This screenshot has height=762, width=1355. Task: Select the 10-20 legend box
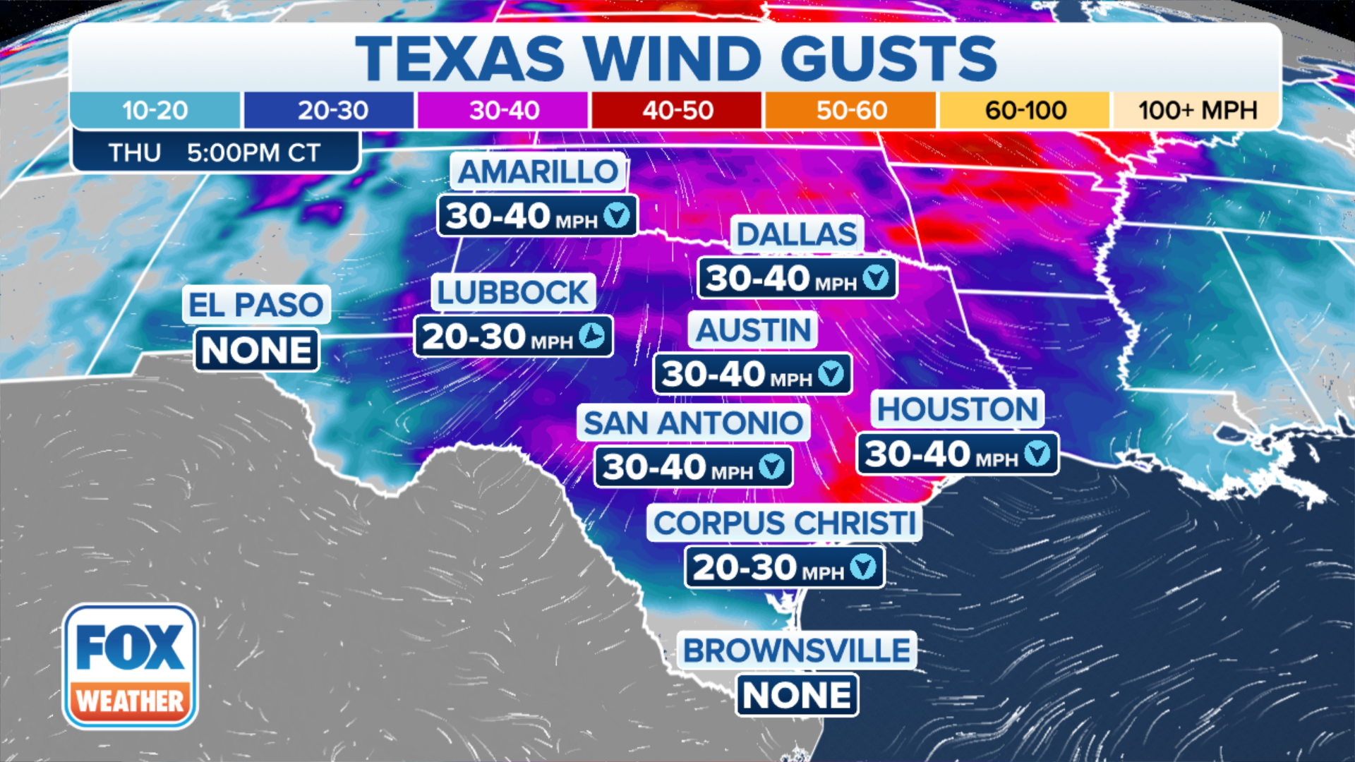pos(155,110)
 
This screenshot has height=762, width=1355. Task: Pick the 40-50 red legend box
pos(677,110)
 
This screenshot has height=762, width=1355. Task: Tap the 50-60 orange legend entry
pos(851,110)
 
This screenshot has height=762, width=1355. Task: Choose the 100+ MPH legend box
pos(1197,110)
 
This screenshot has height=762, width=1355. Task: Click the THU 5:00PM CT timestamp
pos(215,152)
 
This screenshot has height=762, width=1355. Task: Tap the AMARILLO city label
pos(538,171)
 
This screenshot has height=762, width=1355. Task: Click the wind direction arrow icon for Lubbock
pos(592,336)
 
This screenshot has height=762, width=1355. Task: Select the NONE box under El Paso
pos(256,350)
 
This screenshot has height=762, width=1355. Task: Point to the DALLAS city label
pos(797,234)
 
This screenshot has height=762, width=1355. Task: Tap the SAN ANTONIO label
pos(693,423)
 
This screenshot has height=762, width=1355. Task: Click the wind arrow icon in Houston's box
pos(1037,453)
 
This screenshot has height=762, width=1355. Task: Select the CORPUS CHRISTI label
pos(784,524)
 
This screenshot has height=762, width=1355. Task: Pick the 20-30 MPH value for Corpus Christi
pos(768,567)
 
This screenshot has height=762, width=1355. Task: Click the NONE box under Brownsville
pos(797,696)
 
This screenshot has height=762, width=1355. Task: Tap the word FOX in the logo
pos(130,647)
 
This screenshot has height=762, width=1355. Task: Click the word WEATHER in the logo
pos(130,701)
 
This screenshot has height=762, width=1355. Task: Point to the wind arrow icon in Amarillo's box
pos(617,215)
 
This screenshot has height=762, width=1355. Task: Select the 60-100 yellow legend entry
pos(1025,110)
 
